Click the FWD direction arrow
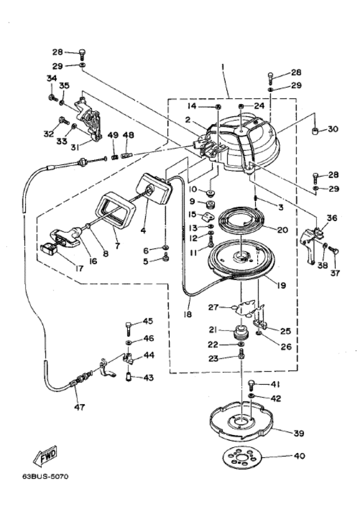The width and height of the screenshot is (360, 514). pyautogui.click(x=45, y=456)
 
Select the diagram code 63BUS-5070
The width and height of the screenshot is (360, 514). pyautogui.click(x=46, y=476)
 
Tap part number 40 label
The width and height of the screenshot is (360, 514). pyautogui.click(x=300, y=456)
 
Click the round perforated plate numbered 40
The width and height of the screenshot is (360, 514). pyautogui.click(x=240, y=457)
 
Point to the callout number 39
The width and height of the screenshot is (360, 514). pyautogui.click(x=299, y=433)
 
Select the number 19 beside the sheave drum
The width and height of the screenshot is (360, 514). pyautogui.click(x=282, y=285)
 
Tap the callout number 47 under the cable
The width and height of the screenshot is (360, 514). pyautogui.click(x=80, y=407)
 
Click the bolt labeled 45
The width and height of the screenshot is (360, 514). pyautogui.click(x=129, y=328)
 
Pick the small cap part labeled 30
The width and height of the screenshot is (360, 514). pyautogui.click(x=316, y=132)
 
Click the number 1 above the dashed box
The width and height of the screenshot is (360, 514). pyautogui.click(x=223, y=66)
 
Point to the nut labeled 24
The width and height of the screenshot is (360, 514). pyautogui.click(x=241, y=106)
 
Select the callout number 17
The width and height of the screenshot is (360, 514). pyautogui.click(x=79, y=268)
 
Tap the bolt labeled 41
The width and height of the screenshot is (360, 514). pyautogui.click(x=252, y=384)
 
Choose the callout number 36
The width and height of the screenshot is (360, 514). pyautogui.click(x=332, y=218)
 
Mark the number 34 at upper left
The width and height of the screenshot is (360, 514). pyautogui.click(x=51, y=78)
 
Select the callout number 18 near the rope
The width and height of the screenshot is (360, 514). pyautogui.click(x=188, y=314)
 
